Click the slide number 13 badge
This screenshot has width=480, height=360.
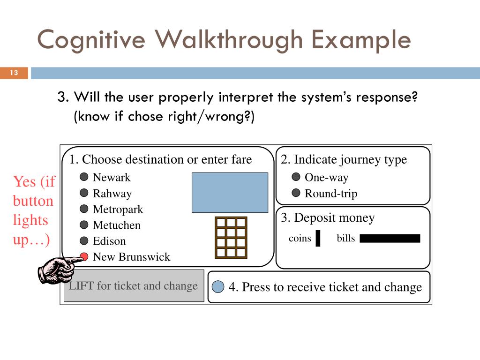[x=14, y=73]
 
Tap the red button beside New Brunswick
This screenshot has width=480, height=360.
[x=84, y=256]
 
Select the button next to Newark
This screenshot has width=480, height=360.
[x=84, y=177]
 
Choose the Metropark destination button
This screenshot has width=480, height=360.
[x=84, y=209]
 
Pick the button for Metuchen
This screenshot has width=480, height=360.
[x=84, y=225]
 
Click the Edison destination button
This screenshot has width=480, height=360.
[x=84, y=241]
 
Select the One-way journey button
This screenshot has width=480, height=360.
[x=296, y=177]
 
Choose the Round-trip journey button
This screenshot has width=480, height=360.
[x=296, y=193]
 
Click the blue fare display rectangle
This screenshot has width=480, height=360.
[x=230, y=192]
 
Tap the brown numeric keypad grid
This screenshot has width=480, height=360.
[x=230, y=237]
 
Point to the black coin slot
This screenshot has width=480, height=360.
[x=318, y=238]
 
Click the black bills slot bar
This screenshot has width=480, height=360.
[x=390, y=239]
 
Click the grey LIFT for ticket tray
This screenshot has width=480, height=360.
[x=134, y=286]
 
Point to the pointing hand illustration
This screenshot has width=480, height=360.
[x=56, y=270]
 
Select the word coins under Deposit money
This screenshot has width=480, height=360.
[x=300, y=238]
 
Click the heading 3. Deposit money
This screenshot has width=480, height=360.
[x=328, y=218]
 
